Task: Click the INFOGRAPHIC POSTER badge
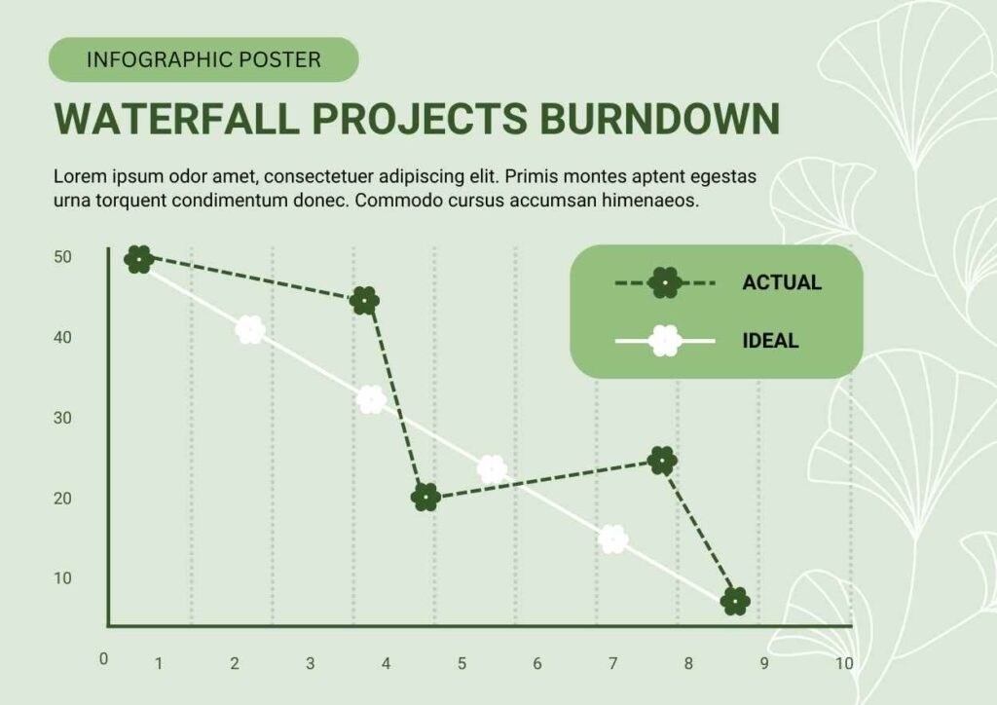coord(203,59)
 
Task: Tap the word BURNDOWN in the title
coord(659,118)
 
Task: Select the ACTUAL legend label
coord(782,282)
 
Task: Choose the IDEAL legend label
coord(770,341)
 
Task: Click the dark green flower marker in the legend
coord(664,283)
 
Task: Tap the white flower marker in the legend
coord(665,341)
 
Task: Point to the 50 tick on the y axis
coord(63,257)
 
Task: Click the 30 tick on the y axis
coord(63,419)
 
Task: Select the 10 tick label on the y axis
coord(63,578)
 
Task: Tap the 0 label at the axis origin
coord(103,659)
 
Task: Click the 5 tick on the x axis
coord(462,664)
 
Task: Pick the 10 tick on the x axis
coord(844,664)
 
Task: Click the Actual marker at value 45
coord(364,300)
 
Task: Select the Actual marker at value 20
coord(425,498)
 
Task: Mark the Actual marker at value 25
coord(662,461)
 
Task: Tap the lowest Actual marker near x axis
coord(735,601)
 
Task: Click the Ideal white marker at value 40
coord(250,329)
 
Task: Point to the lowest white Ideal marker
coord(613,539)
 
